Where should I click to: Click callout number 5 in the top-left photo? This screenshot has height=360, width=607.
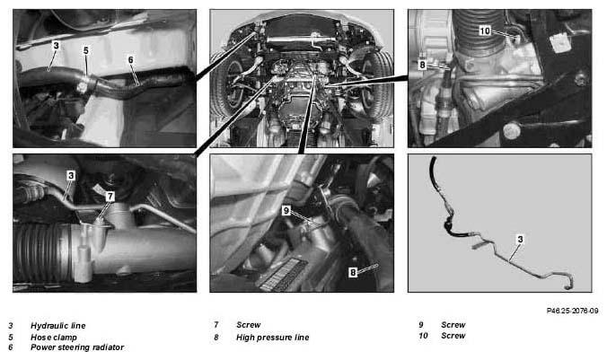[86, 50]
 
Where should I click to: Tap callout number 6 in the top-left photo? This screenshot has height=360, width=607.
[130, 59]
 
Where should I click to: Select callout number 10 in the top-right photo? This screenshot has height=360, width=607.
[485, 31]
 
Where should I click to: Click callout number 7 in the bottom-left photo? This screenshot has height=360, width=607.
[110, 197]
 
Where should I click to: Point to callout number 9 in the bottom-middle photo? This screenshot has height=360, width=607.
[286, 210]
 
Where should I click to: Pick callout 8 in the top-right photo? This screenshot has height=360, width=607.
[422, 65]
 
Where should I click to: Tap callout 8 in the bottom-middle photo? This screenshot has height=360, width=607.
[353, 273]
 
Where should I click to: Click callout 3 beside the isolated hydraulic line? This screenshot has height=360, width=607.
[520, 239]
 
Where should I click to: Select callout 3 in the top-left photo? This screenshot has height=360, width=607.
[57, 46]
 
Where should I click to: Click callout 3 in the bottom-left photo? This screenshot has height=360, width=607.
[71, 176]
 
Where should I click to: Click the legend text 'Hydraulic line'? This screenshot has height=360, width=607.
[58, 326]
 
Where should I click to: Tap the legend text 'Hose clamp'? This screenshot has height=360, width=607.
[54, 338]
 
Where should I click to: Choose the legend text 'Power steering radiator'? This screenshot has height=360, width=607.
[77, 347]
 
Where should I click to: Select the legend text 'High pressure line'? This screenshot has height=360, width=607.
[273, 338]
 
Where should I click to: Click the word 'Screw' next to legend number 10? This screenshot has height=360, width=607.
[453, 336]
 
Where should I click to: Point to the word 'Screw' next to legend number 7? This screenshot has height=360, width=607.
[249, 325]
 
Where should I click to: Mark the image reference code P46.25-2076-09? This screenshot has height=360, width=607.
[572, 311]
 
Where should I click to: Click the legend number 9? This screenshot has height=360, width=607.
[421, 325]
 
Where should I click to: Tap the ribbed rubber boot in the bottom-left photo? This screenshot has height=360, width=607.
[42, 250]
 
